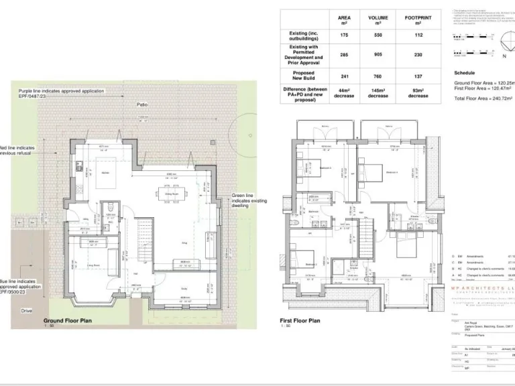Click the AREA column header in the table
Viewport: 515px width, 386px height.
[344, 19]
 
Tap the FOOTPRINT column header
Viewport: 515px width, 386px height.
[418, 19]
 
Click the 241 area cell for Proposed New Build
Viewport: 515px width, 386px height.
[344, 76]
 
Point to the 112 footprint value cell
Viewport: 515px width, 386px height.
[418, 35]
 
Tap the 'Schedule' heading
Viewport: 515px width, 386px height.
[464, 72]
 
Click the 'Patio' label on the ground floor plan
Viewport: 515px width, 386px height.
[142, 105]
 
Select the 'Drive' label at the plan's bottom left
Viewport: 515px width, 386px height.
[26, 310]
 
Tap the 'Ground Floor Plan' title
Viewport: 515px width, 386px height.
[67, 321]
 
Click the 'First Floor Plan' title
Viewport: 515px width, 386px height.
[300, 321]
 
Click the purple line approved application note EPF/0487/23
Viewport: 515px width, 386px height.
[52, 93]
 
